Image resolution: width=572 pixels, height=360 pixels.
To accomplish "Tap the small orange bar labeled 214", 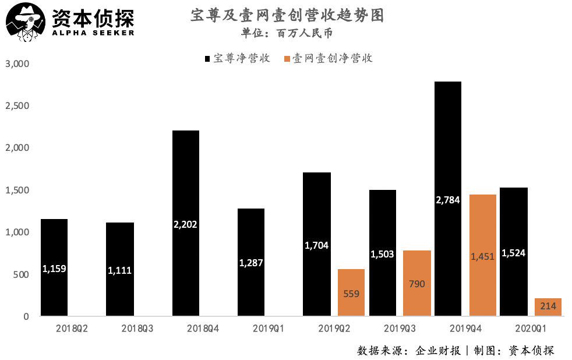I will (548, 307).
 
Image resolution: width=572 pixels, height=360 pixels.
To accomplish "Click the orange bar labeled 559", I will (351, 292).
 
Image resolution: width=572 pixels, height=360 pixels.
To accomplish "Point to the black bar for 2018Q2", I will (54, 267).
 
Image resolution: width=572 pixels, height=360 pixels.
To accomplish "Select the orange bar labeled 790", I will (417, 283).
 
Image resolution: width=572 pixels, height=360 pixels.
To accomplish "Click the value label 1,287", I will (251, 263).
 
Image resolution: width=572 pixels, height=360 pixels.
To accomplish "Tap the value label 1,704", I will (317, 245).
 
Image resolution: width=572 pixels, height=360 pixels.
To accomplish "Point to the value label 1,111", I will (120, 270).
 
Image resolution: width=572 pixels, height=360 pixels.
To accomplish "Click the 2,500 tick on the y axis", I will (17, 106).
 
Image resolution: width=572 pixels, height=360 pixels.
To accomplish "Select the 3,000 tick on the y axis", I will (17, 63).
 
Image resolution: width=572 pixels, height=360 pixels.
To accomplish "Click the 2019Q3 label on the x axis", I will (400, 328).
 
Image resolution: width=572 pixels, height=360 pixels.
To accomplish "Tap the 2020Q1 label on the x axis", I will (531, 328).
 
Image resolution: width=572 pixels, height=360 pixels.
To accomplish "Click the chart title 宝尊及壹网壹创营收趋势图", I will (287, 16).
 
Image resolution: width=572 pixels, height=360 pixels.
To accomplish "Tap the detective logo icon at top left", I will (24, 22).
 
